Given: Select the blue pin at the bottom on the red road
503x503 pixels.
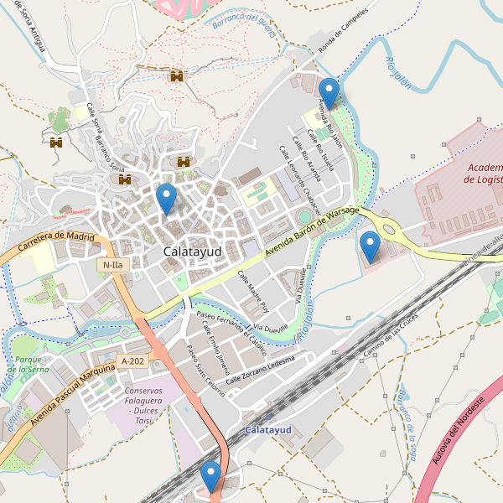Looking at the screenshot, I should tap(210, 475).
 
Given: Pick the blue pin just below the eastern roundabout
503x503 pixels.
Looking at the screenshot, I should tap(370, 246).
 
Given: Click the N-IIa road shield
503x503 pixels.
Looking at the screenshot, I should tap(111, 265).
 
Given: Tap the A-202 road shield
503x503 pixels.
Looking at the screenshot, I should tap(132, 360).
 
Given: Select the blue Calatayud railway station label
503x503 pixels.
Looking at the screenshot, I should tap(267, 430).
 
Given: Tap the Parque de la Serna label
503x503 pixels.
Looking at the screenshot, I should tap(31, 364).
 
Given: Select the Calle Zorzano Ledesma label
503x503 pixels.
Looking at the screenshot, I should tap(260, 369).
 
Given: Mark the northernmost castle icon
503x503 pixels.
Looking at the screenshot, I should tap(176, 76).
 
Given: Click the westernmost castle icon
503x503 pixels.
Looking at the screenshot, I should tap(56, 143).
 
